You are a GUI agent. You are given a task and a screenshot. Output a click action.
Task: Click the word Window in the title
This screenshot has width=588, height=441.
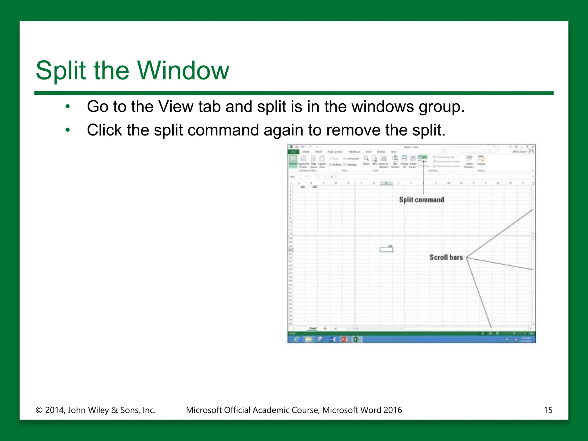coord(183,70)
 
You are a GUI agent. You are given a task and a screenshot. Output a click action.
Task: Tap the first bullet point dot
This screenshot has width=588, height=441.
coord(68,107)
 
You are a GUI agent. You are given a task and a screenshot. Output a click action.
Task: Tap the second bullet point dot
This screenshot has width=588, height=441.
coord(68,130)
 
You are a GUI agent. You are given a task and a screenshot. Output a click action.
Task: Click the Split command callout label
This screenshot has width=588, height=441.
coord(421,200)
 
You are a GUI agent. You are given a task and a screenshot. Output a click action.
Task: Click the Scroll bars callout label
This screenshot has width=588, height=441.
coord(446,257)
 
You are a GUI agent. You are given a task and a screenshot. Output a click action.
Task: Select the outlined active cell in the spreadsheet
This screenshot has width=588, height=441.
coord(386,250)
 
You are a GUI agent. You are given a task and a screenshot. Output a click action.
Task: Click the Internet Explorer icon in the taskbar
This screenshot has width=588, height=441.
coord(297,339)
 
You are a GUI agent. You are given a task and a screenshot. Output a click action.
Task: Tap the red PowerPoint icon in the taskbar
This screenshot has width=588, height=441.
coord(344,339)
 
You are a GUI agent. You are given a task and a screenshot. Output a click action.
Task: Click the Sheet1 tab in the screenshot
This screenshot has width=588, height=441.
coord(313,328)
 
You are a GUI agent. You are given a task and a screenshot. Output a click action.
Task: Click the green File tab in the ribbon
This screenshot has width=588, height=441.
coord(293,152)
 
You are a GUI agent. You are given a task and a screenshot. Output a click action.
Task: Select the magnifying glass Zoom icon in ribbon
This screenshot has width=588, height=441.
coord(366,158)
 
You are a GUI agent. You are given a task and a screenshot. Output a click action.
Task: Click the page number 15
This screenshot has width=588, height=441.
coord(548,410)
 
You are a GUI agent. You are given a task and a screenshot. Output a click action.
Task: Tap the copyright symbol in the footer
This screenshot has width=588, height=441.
coord(39,410)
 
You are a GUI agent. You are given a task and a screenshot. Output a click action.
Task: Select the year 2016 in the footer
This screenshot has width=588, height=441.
coord(392,410)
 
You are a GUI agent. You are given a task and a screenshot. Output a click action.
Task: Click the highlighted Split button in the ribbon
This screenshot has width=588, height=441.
coord(423,157)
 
